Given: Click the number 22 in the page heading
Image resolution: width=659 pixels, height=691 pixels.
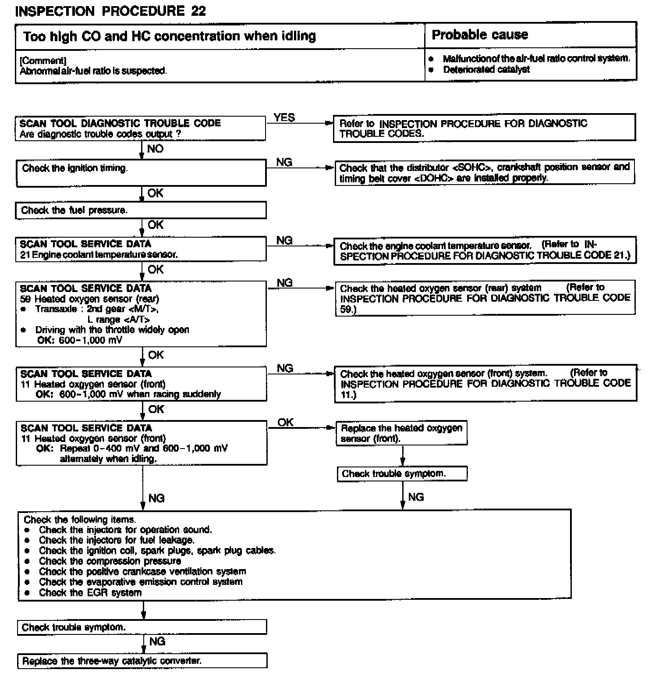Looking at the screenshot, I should [198, 11].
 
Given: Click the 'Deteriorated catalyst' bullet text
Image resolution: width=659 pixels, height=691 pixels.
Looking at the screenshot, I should [486, 70].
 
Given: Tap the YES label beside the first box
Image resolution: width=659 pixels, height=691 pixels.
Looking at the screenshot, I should [284, 118].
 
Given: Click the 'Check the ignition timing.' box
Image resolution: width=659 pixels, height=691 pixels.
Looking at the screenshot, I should [141, 173].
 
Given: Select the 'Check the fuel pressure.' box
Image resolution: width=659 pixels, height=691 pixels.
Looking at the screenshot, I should [141, 210].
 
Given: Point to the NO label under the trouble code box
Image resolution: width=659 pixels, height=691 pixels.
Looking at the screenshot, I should [155, 149].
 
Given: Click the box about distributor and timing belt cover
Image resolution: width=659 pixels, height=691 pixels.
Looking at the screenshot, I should [485, 173].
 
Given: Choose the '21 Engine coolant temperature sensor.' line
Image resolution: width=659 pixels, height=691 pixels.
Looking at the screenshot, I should [99, 255].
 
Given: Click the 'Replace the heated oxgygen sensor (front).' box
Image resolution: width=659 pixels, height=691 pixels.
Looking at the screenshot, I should [401, 433].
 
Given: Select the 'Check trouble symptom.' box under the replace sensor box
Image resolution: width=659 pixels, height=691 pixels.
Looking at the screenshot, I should [401, 474].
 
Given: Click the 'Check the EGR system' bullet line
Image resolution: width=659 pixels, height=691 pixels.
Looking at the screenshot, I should [90, 593].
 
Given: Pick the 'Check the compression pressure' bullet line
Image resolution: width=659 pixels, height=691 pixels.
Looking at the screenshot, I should [110, 561].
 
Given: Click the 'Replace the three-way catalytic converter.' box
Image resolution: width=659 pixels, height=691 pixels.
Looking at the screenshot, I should [142, 661].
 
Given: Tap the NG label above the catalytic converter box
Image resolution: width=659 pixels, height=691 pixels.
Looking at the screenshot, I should [157, 641].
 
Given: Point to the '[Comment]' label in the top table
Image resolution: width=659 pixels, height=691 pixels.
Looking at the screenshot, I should [43, 61].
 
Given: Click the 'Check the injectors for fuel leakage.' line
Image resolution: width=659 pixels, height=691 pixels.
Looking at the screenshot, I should [117, 540].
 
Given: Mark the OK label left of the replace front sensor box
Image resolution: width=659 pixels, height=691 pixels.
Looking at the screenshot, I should [285, 422].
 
